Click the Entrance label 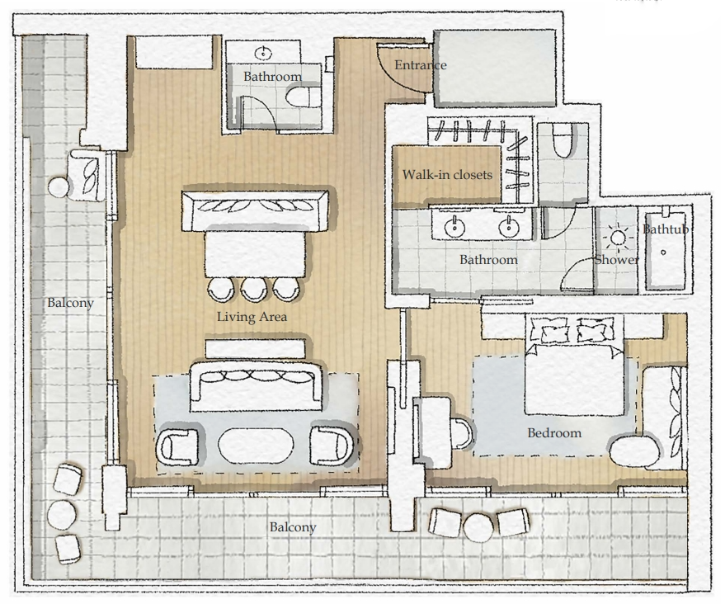420,65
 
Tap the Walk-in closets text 446,175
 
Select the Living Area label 252,317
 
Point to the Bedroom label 554,432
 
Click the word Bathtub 665,229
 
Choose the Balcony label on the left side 69,303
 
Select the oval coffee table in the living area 255,446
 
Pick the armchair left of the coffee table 179,446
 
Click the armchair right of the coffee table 332,446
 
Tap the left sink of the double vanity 453,224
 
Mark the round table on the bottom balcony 478,525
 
